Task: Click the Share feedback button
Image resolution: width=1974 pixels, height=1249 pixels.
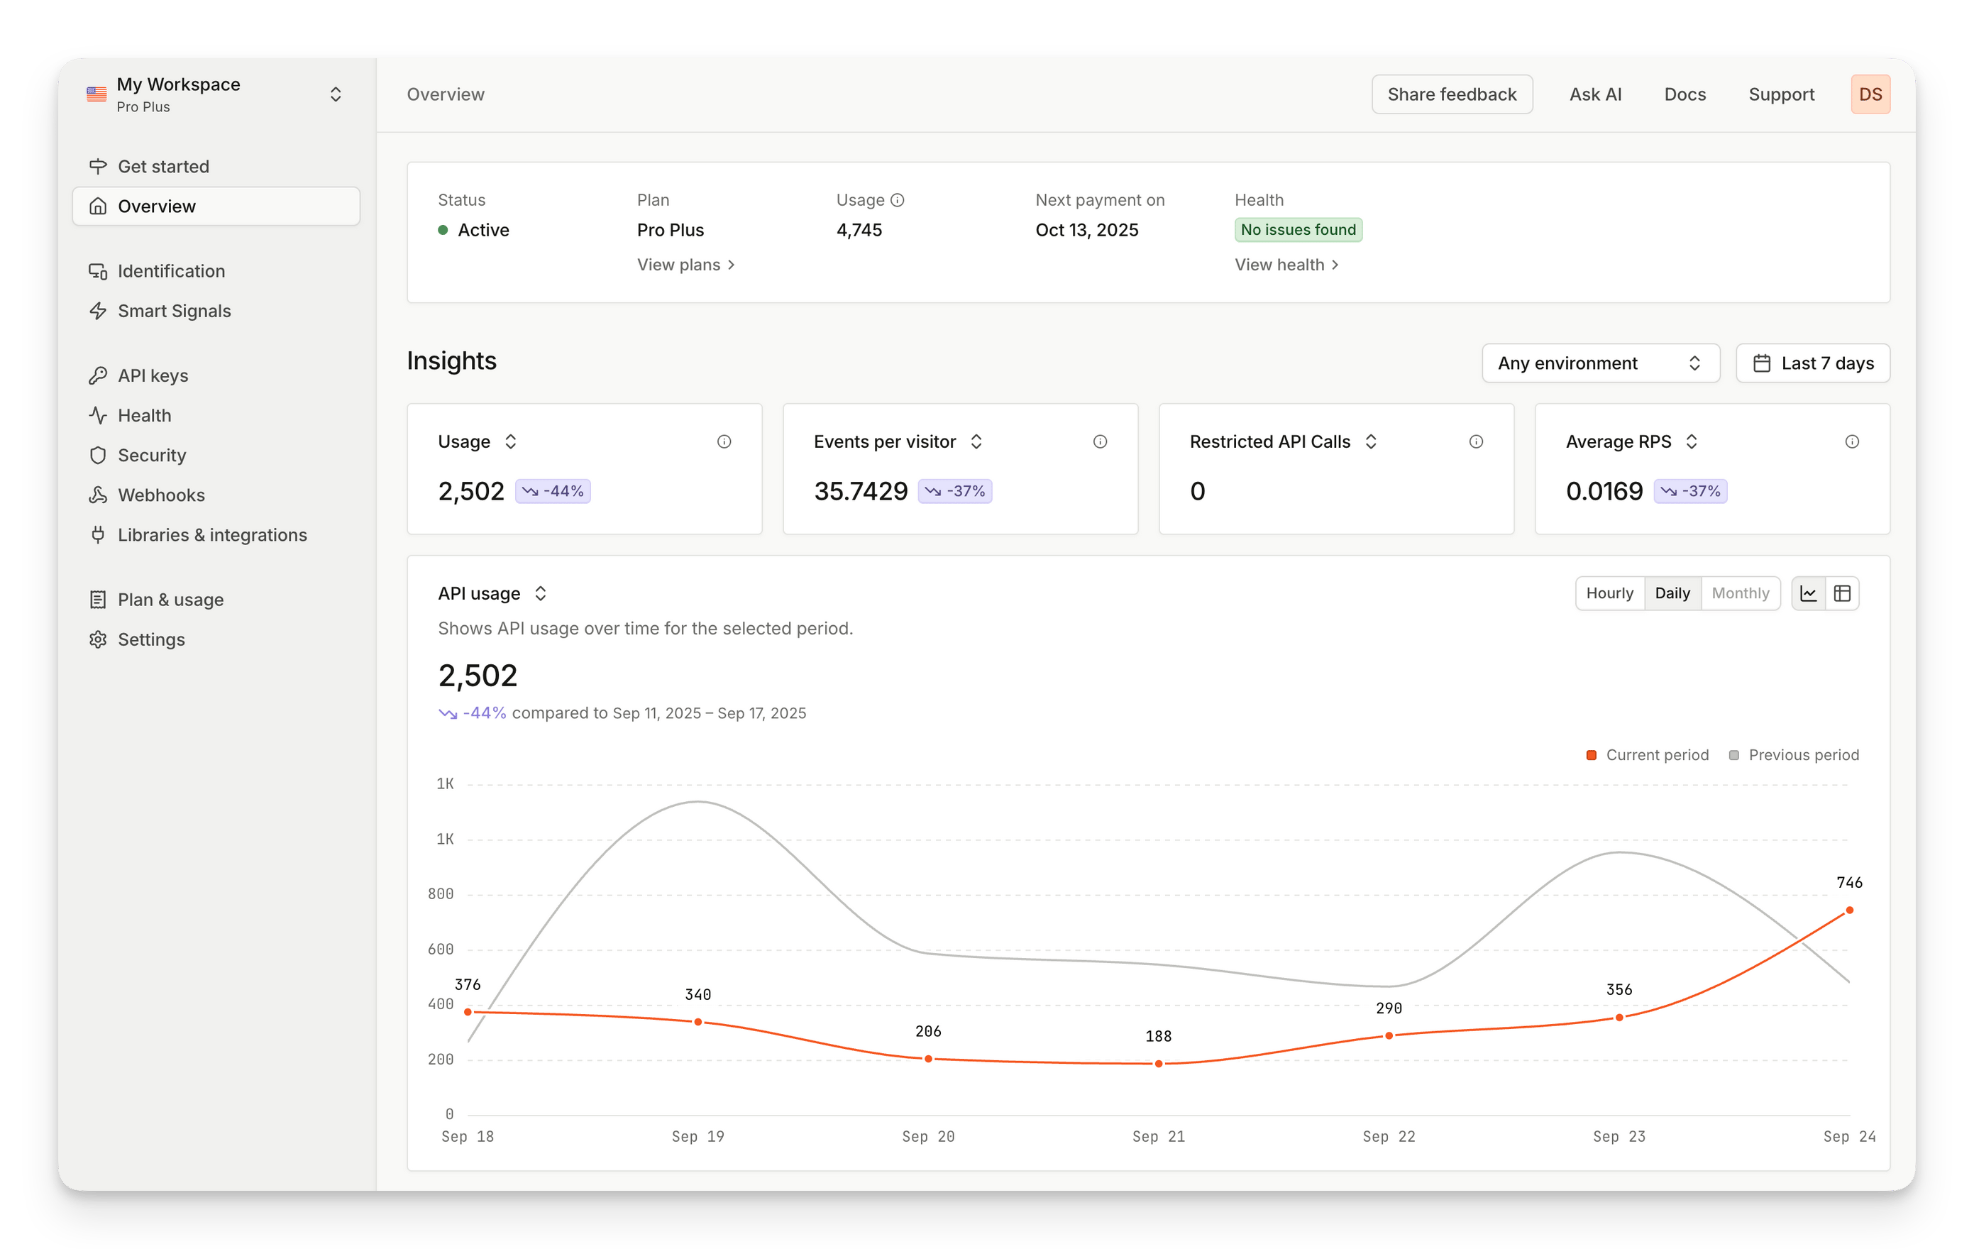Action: (1451, 94)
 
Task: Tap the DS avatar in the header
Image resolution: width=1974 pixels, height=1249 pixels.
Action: (1870, 94)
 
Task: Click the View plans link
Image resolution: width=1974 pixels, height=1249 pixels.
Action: (686, 265)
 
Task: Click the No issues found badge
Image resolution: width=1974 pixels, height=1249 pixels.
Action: (1298, 230)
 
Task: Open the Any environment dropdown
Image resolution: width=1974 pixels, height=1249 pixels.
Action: (1600, 363)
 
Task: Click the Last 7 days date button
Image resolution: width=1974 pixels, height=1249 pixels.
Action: (1812, 363)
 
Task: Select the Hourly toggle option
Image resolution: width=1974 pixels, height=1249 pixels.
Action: (1609, 593)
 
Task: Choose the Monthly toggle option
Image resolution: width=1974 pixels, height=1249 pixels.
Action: (1740, 593)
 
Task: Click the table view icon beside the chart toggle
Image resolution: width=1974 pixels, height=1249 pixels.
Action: (1842, 593)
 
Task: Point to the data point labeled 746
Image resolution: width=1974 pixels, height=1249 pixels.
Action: (1849, 910)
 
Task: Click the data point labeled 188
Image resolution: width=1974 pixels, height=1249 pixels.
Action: (1158, 1064)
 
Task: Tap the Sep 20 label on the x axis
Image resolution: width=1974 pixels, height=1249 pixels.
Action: (928, 1137)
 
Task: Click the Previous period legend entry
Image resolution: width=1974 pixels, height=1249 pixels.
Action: (1794, 754)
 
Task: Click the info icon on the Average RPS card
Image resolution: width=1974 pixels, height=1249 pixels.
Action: (1852, 442)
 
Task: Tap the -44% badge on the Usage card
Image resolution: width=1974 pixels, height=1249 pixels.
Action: (553, 491)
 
